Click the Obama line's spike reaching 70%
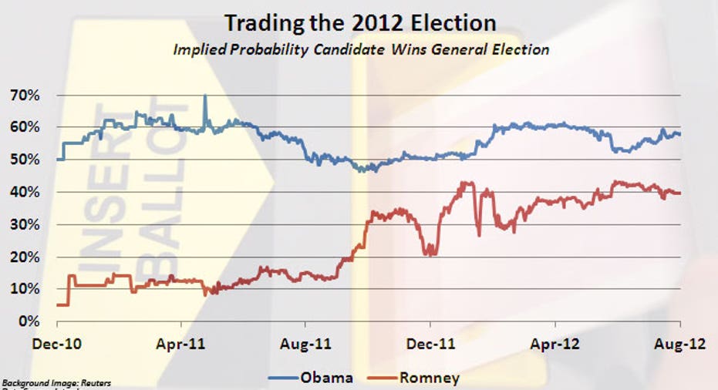point(205,97)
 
